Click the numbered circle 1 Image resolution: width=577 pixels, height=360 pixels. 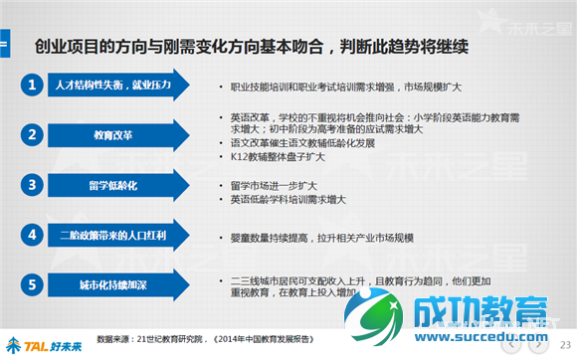pyautogui.click(x=33, y=86)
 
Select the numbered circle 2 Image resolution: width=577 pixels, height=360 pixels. pyautogui.click(x=33, y=134)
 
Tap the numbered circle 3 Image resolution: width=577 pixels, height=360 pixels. pyautogui.click(x=33, y=185)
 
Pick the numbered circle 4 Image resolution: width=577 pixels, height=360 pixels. pyautogui.click(x=33, y=236)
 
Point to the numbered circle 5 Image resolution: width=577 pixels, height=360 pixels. pyautogui.click(x=33, y=286)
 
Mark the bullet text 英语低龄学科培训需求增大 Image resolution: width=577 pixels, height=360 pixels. pyautogui.click(x=288, y=200)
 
